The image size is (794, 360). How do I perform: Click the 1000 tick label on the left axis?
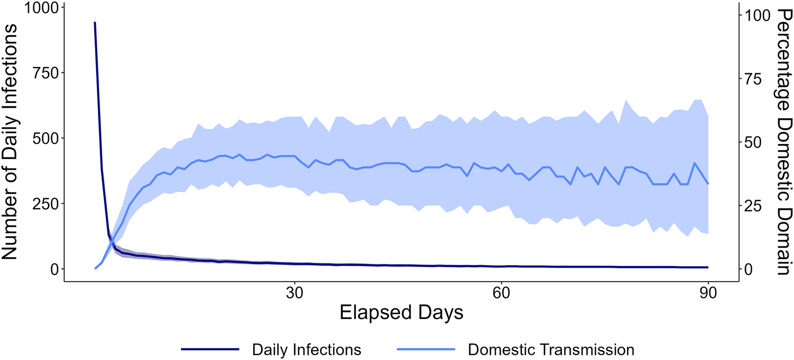(41, 8)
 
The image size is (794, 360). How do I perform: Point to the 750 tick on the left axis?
(45, 73)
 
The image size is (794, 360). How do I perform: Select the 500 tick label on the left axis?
(45, 139)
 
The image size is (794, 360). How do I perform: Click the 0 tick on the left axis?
(54, 270)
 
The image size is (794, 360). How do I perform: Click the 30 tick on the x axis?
(295, 293)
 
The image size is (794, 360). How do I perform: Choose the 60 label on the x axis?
(501, 293)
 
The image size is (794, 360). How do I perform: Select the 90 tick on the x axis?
(708, 293)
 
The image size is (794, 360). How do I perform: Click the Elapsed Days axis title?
(401, 313)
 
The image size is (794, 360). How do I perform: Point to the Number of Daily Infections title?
(10, 141)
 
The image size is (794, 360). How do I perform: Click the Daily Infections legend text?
(307, 350)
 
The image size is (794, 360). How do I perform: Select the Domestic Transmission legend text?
(551, 350)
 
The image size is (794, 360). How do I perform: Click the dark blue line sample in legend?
(210, 349)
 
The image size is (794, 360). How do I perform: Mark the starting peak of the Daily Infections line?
(95, 22)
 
